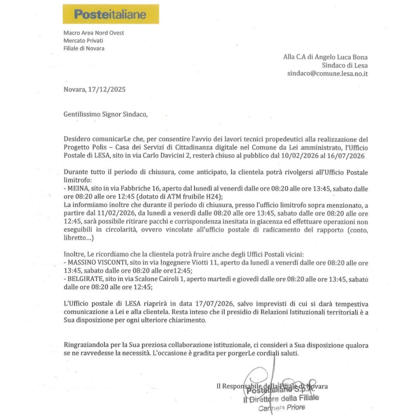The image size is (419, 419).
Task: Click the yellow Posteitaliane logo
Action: (111, 14)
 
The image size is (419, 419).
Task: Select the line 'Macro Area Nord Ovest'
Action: (94, 33)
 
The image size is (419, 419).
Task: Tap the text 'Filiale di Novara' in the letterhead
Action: (84, 48)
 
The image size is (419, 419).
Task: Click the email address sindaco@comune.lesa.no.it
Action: (327, 73)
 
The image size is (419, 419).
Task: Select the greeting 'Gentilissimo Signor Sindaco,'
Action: (106, 114)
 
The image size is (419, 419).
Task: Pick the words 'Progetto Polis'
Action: (83, 147)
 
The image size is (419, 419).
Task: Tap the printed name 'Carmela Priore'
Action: (282, 407)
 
